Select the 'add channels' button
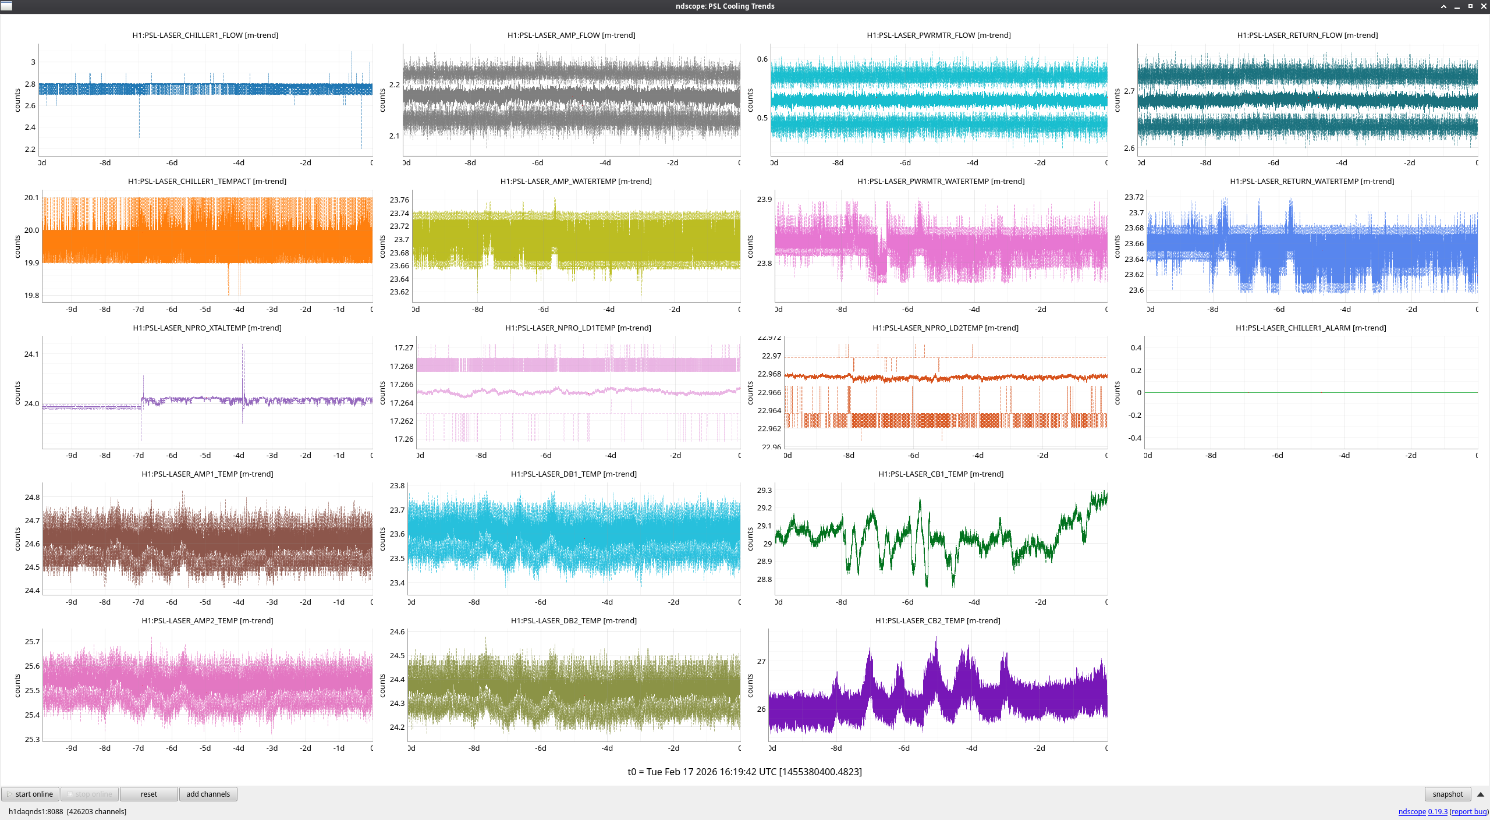tap(208, 794)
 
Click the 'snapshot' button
tap(1447, 794)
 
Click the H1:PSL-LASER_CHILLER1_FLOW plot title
tap(205, 35)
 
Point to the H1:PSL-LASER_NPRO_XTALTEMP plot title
tap(207, 328)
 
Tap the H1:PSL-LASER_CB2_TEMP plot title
tap(937, 620)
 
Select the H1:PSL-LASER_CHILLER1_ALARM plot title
tap(1310, 328)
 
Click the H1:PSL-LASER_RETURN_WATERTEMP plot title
tap(1311, 181)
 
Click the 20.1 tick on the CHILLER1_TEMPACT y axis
tap(31, 198)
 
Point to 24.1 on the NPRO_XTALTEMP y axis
tap(31, 354)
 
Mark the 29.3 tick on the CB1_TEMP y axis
tap(764, 490)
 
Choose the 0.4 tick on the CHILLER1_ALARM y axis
tap(1136, 347)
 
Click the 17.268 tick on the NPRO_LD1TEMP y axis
tap(401, 366)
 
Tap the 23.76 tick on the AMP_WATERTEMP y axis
tap(399, 200)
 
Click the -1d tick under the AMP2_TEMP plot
tap(339, 748)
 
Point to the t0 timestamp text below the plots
tap(744, 772)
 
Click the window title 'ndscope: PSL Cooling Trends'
tap(725, 6)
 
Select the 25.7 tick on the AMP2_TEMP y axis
tap(32, 641)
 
